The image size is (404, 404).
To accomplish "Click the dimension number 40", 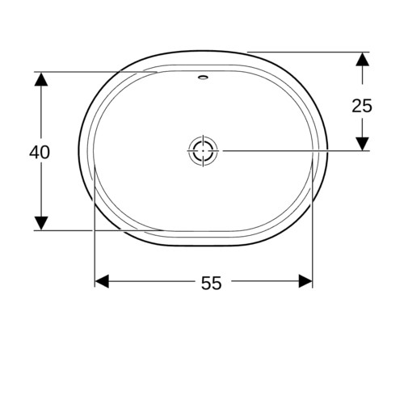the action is (40, 152).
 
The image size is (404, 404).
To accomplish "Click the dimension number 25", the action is (362, 106).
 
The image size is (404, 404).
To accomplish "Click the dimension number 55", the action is (212, 283).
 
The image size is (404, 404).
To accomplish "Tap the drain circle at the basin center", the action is (203, 151).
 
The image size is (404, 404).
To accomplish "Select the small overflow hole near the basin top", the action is (203, 78).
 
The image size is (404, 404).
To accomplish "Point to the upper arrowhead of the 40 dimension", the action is (41, 79).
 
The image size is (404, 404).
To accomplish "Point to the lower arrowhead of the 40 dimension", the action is (41, 223).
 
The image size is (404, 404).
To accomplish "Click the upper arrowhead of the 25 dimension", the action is (362, 59).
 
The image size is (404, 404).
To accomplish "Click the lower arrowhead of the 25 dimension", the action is (362, 144).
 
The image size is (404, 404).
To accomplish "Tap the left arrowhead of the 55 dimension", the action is (103, 281).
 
